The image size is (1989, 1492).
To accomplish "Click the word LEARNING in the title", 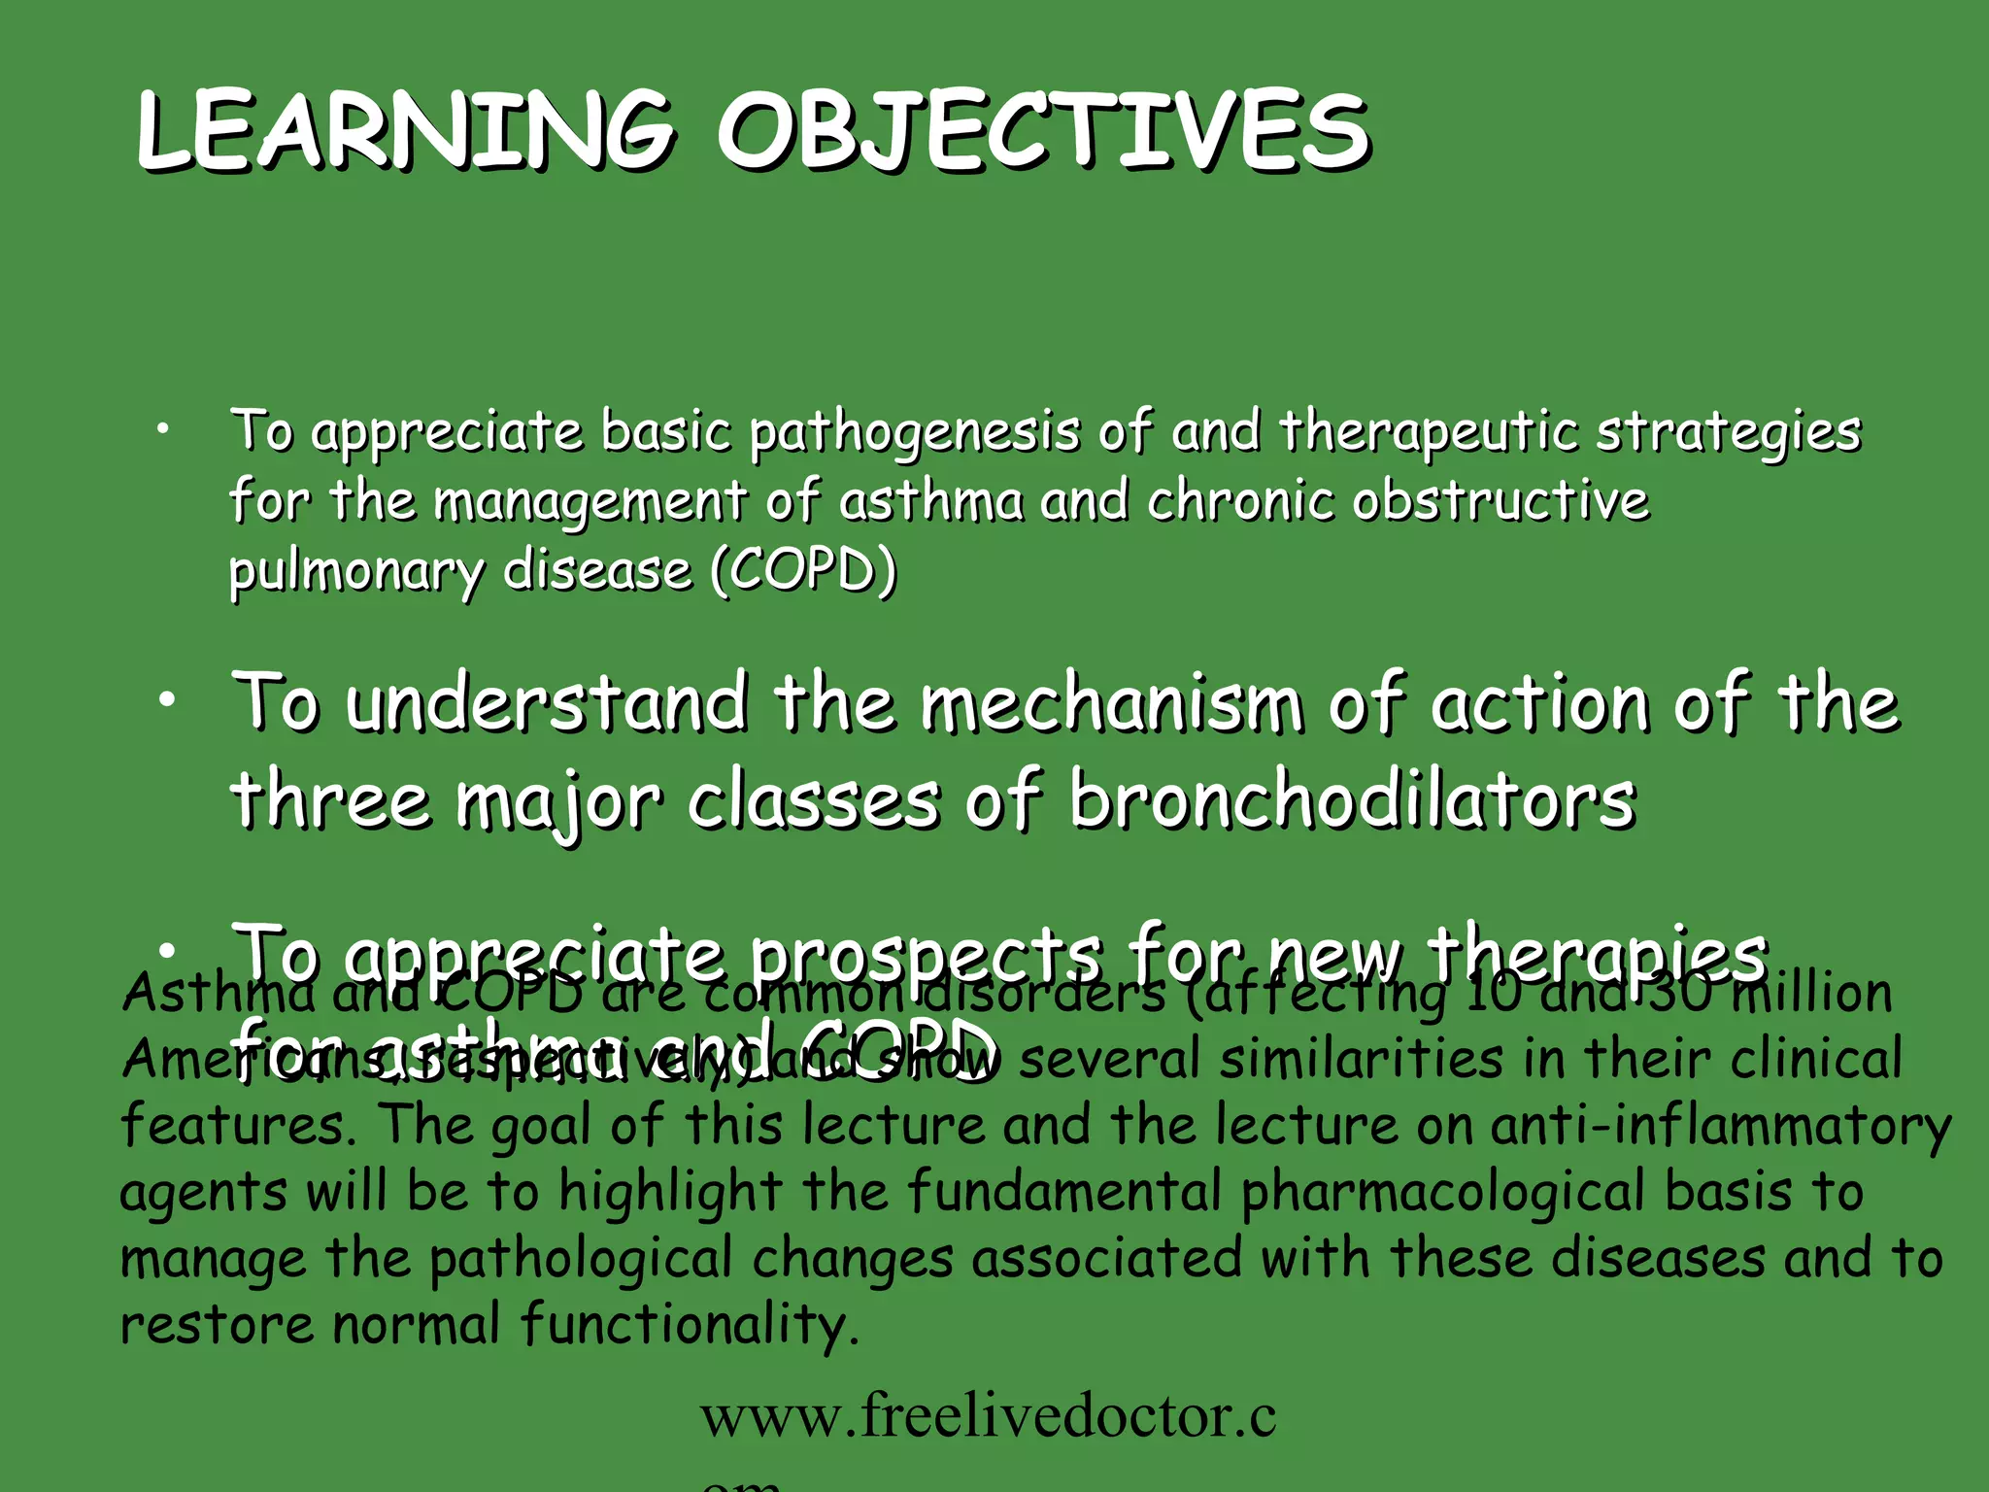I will (403, 131).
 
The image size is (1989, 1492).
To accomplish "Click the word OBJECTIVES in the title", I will (1044, 131).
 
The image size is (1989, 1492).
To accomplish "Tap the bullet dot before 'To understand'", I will (167, 700).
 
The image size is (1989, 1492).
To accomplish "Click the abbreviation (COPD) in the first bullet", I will (803, 570).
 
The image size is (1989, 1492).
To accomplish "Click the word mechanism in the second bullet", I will (1111, 703).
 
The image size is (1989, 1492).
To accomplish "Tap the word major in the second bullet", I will (559, 802).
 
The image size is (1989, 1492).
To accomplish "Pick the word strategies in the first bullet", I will (1729, 432).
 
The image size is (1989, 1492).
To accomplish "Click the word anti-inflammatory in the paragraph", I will (1720, 1127).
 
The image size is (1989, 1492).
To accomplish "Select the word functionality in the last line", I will (690, 1325).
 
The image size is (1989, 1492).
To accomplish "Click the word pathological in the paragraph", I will (581, 1259).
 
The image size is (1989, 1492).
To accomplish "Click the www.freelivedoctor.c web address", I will (988, 1417).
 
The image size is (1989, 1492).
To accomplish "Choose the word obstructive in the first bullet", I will (1500, 502).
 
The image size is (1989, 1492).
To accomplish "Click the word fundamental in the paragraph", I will (1063, 1193).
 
